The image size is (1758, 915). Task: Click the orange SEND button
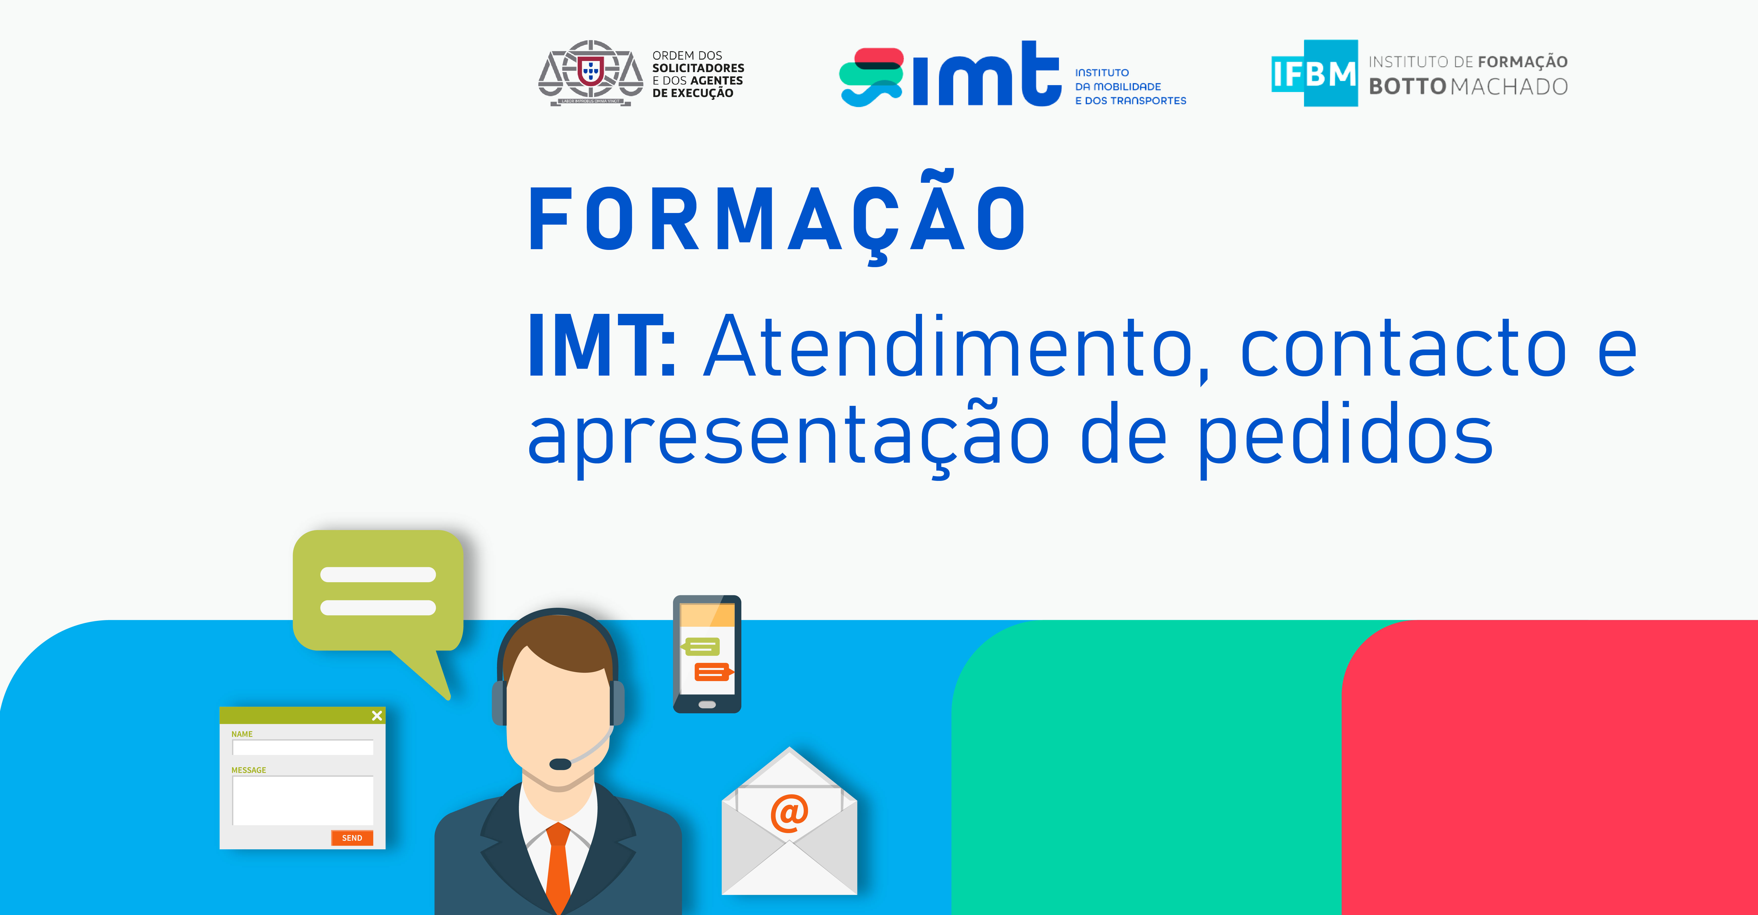point(352,838)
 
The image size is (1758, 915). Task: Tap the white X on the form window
point(377,716)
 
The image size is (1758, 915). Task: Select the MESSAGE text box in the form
point(303,800)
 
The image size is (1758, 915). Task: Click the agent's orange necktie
point(558,867)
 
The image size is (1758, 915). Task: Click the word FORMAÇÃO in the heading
point(777,218)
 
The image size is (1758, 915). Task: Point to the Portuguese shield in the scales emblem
point(590,70)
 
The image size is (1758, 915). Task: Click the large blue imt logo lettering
point(987,74)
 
